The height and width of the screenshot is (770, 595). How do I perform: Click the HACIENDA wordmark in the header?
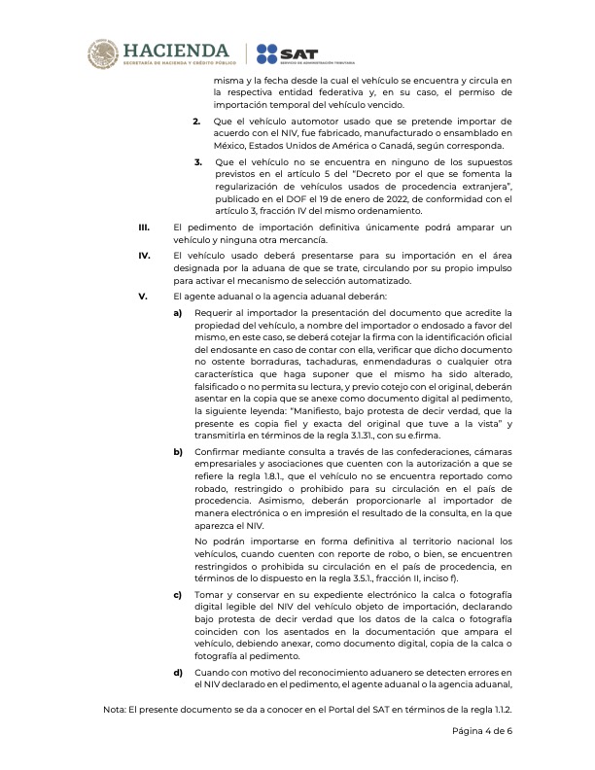175,50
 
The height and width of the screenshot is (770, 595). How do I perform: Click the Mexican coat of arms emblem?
105,53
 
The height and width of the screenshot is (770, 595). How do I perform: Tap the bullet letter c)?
178,593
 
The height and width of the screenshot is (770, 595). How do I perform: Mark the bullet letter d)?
178,670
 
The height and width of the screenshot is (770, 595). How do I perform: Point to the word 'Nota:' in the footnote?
116,710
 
